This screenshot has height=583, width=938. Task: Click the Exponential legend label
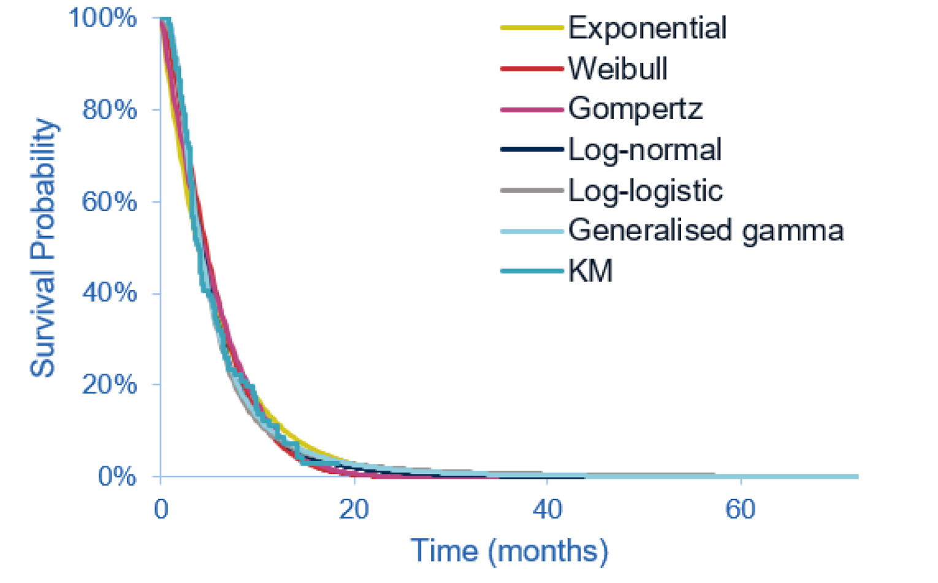[647, 28]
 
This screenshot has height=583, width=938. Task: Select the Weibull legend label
[617, 69]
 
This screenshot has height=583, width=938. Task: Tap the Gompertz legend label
[635, 110]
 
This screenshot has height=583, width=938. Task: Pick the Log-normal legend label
[644, 150]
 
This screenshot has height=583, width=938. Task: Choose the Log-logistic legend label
[645, 191]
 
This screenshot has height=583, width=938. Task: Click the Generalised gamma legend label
[706, 231]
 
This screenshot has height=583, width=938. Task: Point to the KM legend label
[590, 271]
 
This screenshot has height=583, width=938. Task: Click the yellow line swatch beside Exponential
[532, 28]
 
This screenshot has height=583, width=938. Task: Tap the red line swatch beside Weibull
[532, 69]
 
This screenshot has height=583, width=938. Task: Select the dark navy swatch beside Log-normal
[532, 150]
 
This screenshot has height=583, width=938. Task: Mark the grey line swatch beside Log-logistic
[532, 191]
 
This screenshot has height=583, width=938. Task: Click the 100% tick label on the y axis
[102, 18]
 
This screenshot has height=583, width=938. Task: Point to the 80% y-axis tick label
[109, 110]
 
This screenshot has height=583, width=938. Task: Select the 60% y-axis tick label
[109, 202]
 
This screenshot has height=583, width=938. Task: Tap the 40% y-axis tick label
[109, 293]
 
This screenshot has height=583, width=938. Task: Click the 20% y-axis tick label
[109, 385]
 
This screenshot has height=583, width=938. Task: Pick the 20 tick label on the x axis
[354, 509]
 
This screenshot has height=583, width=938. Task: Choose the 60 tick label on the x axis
[740, 509]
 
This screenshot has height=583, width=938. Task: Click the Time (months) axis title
[509, 551]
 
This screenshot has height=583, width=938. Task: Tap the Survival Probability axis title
[43, 248]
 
